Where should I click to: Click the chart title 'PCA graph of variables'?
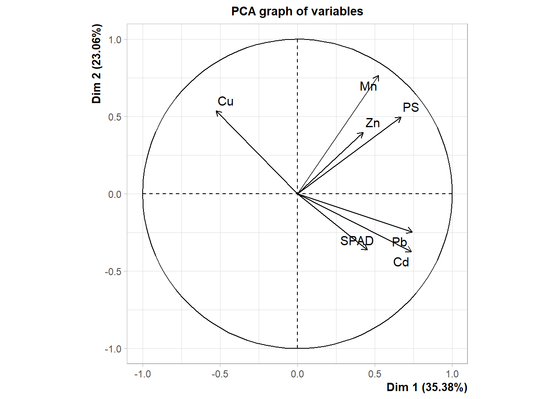click(x=297, y=11)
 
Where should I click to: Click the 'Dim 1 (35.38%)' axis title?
click(x=427, y=387)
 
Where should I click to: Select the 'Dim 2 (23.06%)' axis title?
click(x=96, y=64)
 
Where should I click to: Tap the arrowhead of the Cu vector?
click(x=217, y=111)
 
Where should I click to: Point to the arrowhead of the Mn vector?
click(x=378, y=76)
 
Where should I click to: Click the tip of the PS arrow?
click(x=401, y=117)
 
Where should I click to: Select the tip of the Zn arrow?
click(x=364, y=133)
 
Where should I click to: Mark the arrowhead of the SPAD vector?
click(x=368, y=250)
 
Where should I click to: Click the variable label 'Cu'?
click(x=225, y=101)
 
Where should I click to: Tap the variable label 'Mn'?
click(x=368, y=86)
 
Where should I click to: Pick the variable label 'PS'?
click(x=411, y=108)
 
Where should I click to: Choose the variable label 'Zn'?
click(x=373, y=123)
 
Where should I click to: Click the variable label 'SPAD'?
click(x=357, y=241)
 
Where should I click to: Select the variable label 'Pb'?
click(x=399, y=242)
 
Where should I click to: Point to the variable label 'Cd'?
click(x=401, y=262)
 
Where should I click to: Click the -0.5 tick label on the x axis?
click(x=220, y=374)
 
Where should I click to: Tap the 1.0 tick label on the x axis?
click(x=452, y=374)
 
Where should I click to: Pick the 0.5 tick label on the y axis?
click(x=115, y=117)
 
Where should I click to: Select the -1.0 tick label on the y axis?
click(x=113, y=349)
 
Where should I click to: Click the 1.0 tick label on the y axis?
click(x=115, y=39)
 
